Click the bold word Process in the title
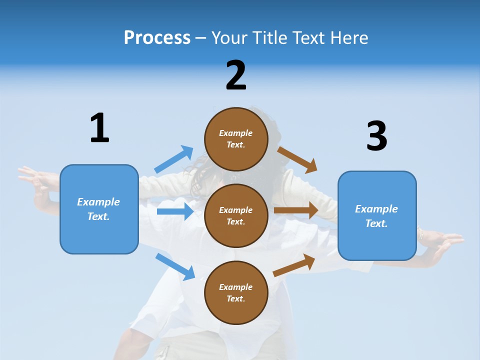click(157, 38)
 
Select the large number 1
click(99, 128)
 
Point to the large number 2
click(236, 75)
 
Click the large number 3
click(377, 136)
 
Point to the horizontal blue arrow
click(175, 211)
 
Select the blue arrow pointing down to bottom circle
click(175, 266)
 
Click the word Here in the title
click(349, 38)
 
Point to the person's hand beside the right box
click(442, 243)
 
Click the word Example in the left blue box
click(98, 202)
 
